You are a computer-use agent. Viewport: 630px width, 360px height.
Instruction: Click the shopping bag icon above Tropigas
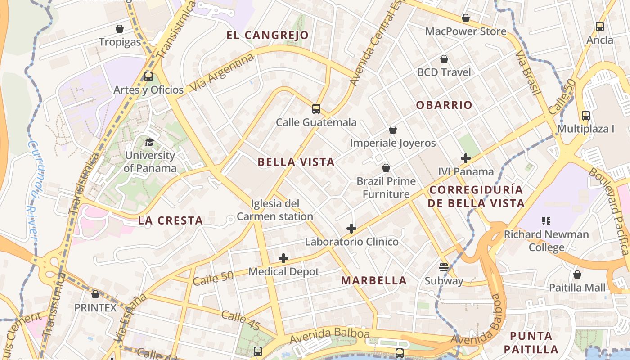coord(120,29)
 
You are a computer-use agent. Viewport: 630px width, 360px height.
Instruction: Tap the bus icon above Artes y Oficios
coord(148,76)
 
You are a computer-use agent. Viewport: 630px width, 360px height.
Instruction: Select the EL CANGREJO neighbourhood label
coord(268,35)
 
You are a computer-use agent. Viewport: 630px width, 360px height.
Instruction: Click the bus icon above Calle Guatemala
coord(316,109)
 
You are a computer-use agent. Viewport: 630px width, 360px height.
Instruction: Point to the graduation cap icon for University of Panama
coord(149,143)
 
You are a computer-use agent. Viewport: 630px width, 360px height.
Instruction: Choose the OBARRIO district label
coord(444,105)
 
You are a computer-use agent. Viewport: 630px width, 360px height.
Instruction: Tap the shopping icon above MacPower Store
coord(466,18)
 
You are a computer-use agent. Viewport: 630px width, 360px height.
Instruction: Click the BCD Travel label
coord(444,72)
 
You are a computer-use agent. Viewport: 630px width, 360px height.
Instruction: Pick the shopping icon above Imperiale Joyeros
coord(393,130)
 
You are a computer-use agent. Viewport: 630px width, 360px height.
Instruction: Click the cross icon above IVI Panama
coord(466,158)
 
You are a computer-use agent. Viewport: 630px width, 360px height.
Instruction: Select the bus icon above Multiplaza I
coord(585,116)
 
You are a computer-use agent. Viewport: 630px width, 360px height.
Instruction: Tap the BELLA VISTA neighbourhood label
coord(296,162)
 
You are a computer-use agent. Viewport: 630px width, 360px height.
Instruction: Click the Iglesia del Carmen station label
coord(274,210)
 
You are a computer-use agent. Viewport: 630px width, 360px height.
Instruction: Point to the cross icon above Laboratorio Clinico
coord(351,229)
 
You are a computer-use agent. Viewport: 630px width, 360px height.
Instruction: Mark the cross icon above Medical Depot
coord(283,258)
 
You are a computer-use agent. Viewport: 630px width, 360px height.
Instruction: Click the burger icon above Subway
coord(444,267)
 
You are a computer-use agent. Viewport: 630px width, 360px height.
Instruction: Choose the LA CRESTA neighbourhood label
coord(171,220)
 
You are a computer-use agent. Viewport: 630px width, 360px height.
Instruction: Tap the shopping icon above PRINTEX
coord(95,294)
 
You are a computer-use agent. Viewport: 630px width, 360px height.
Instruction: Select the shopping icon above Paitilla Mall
coord(577,274)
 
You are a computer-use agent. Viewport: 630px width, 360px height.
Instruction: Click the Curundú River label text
coord(32,189)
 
